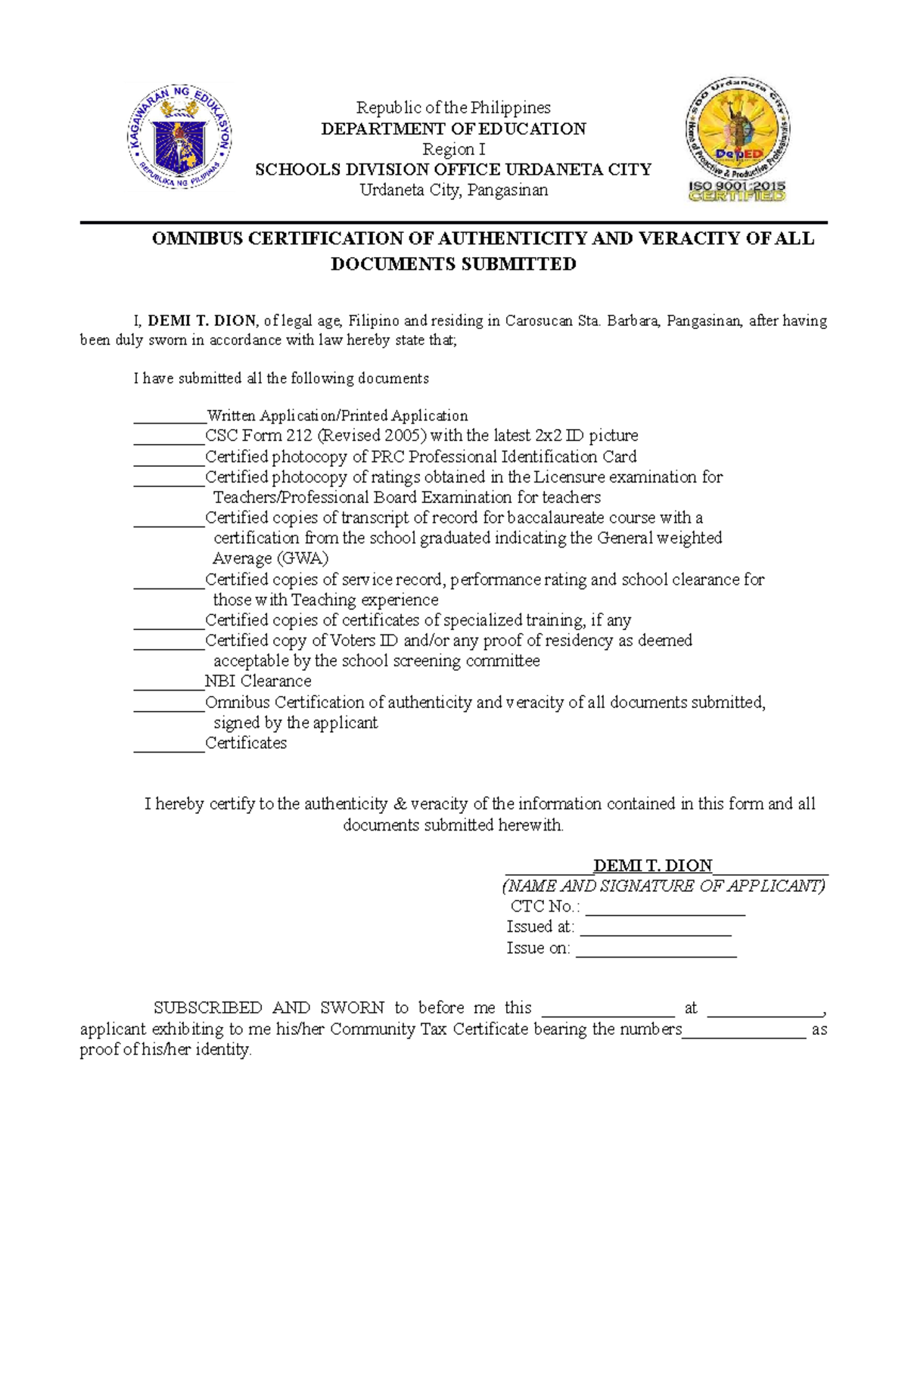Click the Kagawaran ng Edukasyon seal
click(x=179, y=136)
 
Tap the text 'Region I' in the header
click(x=453, y=149)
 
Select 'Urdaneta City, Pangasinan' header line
click(x=453, y=190)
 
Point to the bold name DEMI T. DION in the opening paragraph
click(x=202, y=321)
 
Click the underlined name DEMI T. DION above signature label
click(x=652, y=865)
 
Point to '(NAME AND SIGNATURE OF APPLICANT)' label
click(x=664, y=886)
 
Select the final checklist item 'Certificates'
click(x=246, y=744)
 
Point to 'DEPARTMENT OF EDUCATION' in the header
click(x=453, y=129)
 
